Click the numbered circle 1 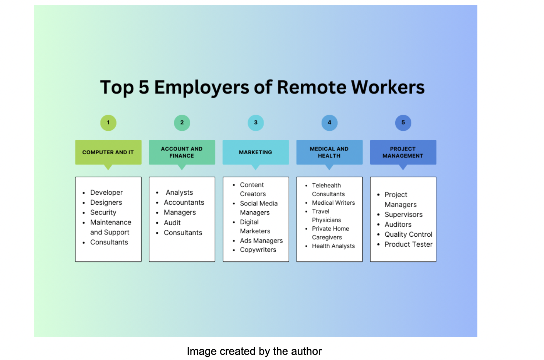click(x=108, y=123)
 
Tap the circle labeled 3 click(x=256, y=123)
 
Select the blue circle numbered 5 click(x=403, y=123)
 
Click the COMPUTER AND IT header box click(x=108, y=152)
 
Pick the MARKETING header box click(x=256, y=152)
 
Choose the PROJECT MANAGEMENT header click(x=403, y=152)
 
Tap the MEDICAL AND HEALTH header click(x=329, y=152)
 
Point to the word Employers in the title click(x=202, y=88)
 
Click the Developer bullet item click(x=106, y=193)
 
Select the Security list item click(x=103, y=212)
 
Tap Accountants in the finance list click(x=184, y=202)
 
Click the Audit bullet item click(x=172, y=222)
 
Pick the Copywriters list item click(x=258, y=250)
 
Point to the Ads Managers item click(x=261, y=240)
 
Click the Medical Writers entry click(x=333, y=202)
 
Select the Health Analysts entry click(x=333, y=246)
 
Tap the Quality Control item click(x=409, y=234)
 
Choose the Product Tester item click(x=409, y=244)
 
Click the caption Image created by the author click(x=254, y=351)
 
